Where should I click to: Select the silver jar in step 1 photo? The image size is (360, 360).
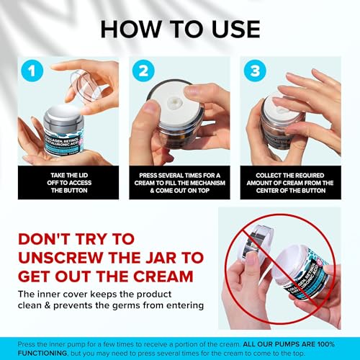63,130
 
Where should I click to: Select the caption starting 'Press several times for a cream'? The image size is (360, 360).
180,184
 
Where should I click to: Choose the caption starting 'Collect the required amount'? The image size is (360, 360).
294,184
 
